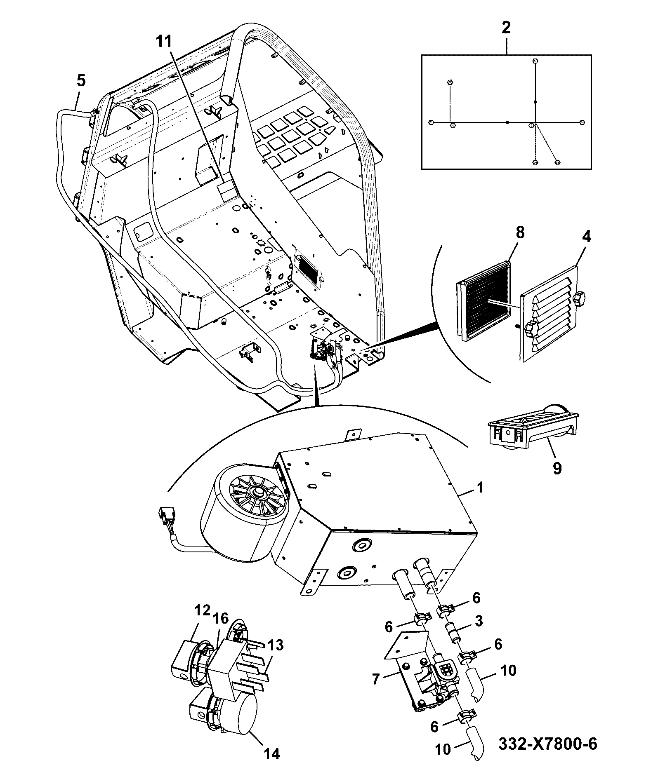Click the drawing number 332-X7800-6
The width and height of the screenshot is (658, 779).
[x=547, y=744]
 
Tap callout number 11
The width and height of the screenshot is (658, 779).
[x=164, y=42]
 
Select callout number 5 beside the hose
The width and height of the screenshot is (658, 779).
[x=81, y=80]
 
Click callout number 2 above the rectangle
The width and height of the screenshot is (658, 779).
[x=506, y=28]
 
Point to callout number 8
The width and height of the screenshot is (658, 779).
[x=520, y=232]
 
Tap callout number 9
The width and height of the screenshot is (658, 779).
[x=557, y=468]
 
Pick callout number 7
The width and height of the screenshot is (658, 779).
[x=375, y=678]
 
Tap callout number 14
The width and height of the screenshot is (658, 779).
[x=271, y=753]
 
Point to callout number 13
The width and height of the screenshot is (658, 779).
[x=275, y=645]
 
